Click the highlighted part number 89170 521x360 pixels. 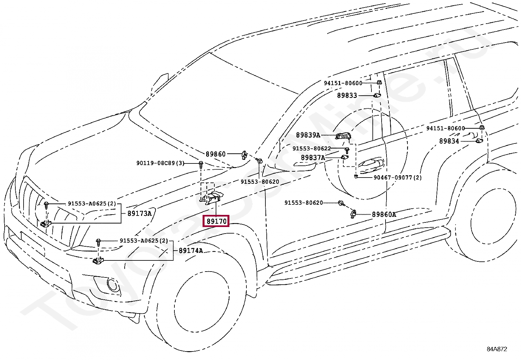tap(216, 221)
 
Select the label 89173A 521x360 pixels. tap(139, 213)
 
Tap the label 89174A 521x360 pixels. tap(191, 251)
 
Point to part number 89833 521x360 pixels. tap(347, 95)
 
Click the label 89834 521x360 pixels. tap(449, 141)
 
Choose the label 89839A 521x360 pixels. tap(308, 135)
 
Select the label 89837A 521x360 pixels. tap(313, 158)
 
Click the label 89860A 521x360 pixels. tap(384, 214)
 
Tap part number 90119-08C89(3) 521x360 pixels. tap(160, 163)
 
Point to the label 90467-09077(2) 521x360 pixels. tap(398, 178)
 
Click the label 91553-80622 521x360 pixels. tap(312, 148)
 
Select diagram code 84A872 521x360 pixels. tap(497, 349)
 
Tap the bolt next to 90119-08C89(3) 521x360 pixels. tap(201, 164)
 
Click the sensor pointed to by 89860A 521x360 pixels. tap(353, 214)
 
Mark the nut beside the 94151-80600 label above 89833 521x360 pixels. tap(379, 83)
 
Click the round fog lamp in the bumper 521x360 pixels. tap(113, 284)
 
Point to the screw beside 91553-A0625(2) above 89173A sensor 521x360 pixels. tap(46, 205)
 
